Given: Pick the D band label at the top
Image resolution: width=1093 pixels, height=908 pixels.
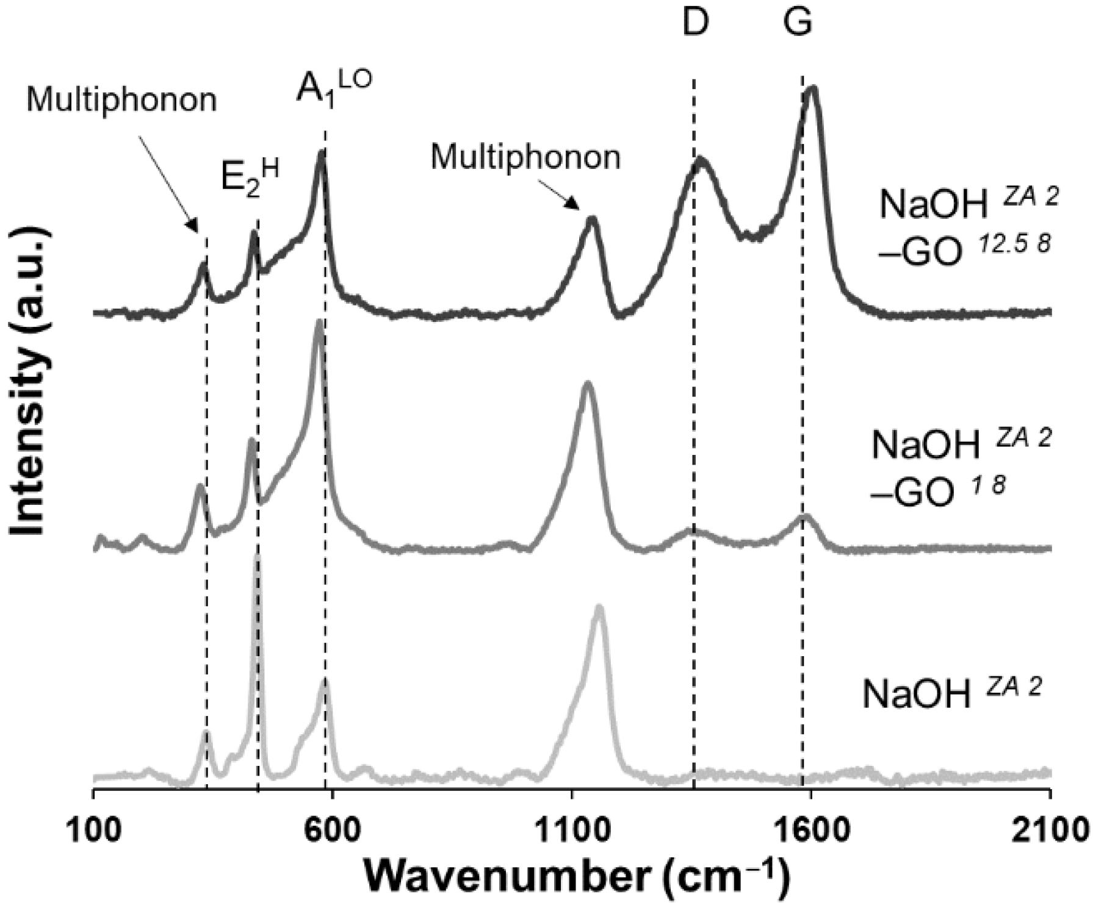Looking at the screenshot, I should coord(694,23).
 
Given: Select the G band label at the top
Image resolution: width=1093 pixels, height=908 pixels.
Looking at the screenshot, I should coord(798,23).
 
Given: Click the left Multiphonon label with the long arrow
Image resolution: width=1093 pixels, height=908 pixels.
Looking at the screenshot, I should coord(121,101).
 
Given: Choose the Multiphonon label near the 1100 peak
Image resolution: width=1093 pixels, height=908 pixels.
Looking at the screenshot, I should coord(525,157).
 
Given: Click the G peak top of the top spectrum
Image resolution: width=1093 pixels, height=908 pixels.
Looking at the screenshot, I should coord(812,90).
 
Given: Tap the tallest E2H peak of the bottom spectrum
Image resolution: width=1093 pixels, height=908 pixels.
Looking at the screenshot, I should coord(258,558).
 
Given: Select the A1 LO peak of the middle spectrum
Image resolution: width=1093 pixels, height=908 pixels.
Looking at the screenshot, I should coord(319,324).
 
